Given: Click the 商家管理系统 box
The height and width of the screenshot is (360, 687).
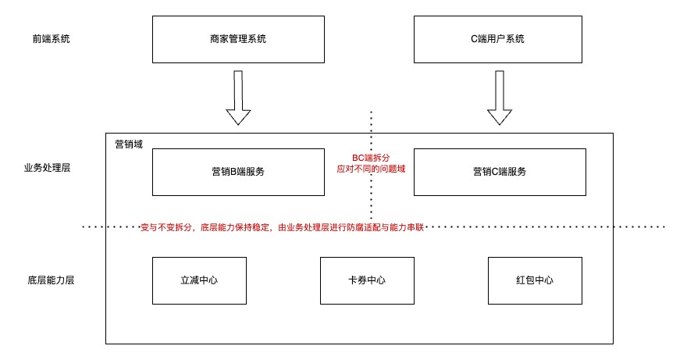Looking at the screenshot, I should click(238, 39).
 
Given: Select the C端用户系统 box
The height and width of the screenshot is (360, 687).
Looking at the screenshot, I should click(500, 39).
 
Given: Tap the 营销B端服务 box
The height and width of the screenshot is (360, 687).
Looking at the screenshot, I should click(238, 172).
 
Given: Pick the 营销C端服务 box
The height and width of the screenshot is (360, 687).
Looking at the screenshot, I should click(500, 172).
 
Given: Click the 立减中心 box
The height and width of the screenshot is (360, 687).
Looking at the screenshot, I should click(198, 280).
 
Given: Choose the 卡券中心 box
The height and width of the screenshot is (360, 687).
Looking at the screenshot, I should click(366, 280).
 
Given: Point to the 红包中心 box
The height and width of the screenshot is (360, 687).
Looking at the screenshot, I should click(535, 280).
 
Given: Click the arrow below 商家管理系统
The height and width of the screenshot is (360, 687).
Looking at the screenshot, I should click(238, 98).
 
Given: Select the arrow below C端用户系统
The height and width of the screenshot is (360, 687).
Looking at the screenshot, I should click(500, 98).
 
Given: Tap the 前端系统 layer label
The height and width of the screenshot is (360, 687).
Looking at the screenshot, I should click(46, 38).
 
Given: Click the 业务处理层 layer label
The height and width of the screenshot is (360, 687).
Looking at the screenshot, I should click(48, 169).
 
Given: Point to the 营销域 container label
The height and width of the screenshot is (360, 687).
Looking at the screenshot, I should click(129, 144).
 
